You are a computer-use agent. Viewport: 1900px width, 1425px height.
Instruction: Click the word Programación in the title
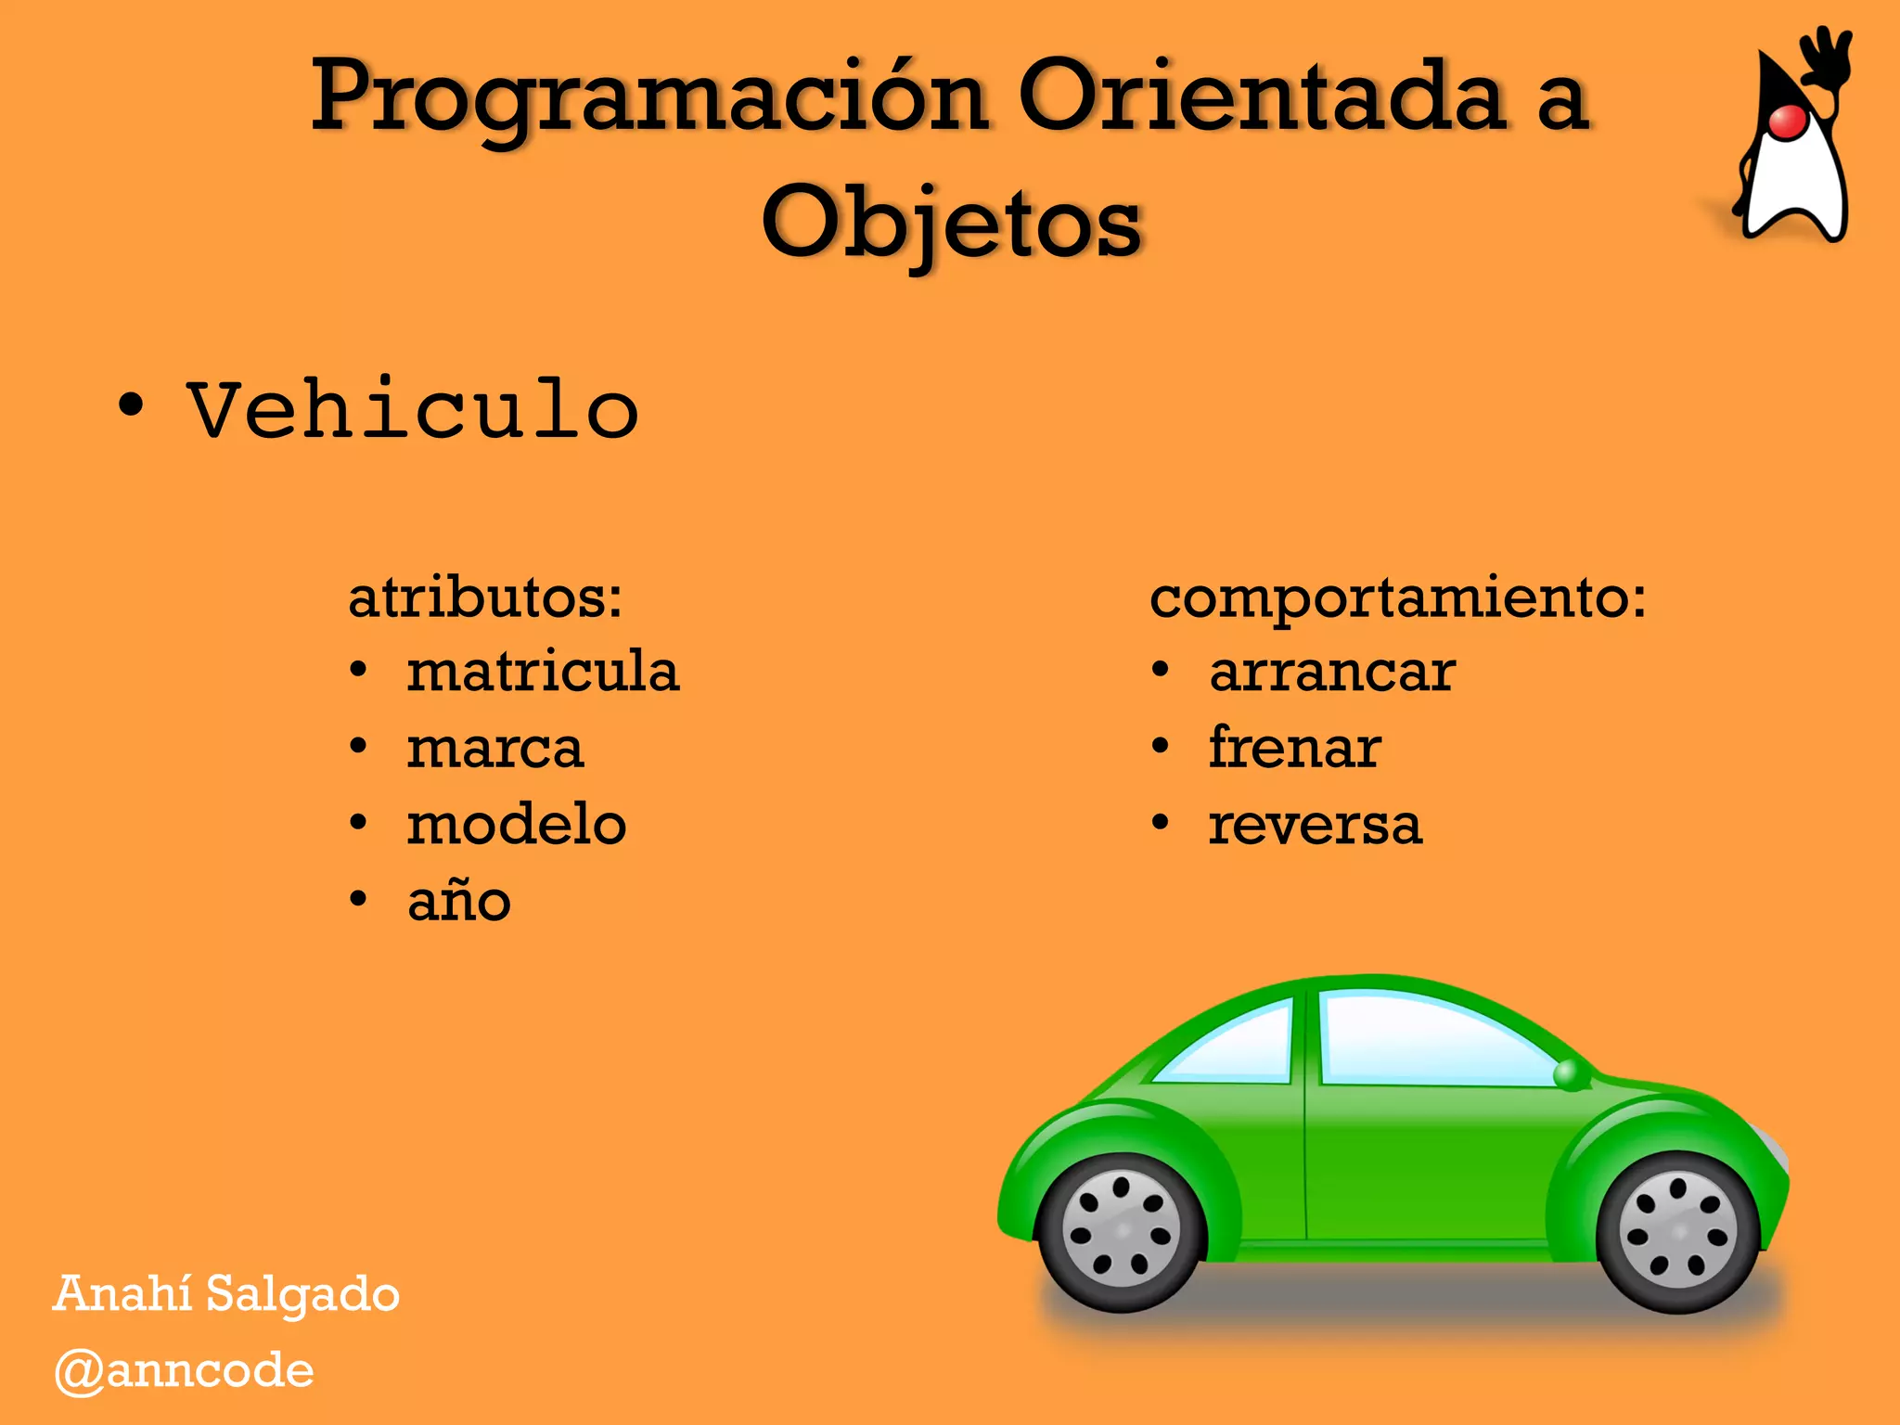click(x=648, y=97)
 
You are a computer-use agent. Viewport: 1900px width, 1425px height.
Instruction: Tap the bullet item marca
click(x=495, y=748)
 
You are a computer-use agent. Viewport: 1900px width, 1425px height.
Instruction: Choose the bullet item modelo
click(x=517, y=824)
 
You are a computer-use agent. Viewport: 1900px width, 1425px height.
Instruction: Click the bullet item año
click(x=459, y=900)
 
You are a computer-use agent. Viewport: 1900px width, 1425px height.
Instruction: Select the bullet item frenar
click(x=1295, y=748)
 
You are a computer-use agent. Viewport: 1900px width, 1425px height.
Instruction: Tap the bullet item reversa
click(x=1315, y=824)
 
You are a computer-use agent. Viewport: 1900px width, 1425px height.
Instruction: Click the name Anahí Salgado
click(x=226, y=1293)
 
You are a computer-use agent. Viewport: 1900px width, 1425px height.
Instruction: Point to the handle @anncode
click(x=184, y=1370)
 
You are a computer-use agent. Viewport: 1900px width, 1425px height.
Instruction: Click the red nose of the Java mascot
click(x=1787, y=122)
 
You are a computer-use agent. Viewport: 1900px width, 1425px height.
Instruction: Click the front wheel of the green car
click(x=1677, y=1232)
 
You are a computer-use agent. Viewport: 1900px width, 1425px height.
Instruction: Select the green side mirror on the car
click(x=1570, y=1074)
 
